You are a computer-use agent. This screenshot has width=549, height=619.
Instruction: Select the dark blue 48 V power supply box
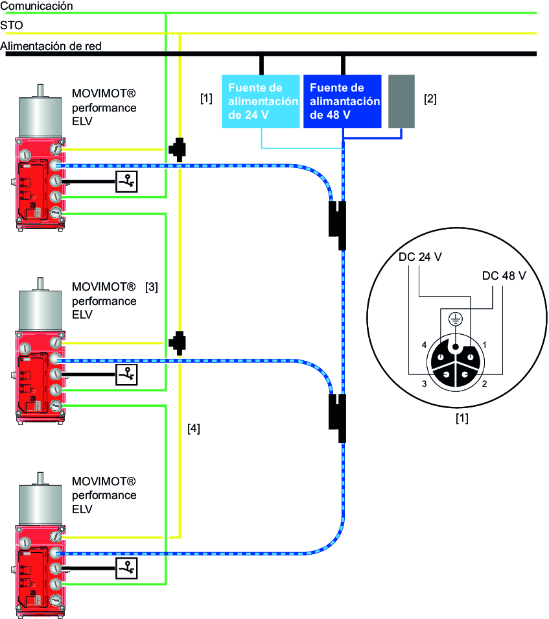[x=343, y=102]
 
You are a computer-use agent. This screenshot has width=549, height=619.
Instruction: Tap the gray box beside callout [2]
[x=401, y=101]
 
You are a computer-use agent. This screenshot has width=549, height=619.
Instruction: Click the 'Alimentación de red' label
[x=51, y=46]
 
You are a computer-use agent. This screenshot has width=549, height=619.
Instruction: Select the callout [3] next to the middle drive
[x=152, y=286]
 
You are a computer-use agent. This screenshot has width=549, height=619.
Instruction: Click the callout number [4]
[x=193, y=428]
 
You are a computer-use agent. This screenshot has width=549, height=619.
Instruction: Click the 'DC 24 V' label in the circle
[x=420, y=257]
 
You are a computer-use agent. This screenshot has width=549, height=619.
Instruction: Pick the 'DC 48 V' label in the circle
[x=504, y=276]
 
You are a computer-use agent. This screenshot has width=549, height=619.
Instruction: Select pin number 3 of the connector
[x=424, y=385]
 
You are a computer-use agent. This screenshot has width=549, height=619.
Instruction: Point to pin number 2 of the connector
[x=485, y=385]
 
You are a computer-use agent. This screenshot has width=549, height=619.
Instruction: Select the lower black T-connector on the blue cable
[x=337, y=419]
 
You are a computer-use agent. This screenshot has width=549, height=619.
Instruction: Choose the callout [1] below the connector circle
[x=461, y=419]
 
